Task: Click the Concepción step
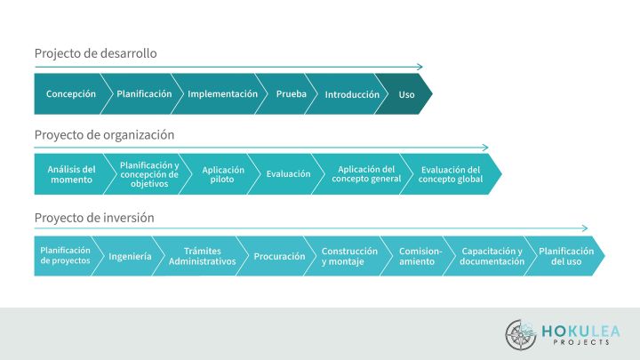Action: tap(70, 94)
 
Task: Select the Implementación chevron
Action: tap(222, 94)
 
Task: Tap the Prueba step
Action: tap(292, 94)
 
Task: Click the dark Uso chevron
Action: tap(406, 94)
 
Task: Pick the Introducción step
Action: tap(352, 94)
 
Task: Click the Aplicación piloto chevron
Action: tap(223, 174)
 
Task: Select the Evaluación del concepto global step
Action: tap(451, 174)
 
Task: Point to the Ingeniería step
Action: tap(130, 256)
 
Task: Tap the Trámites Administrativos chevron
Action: tap(202, 256)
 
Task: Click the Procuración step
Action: tap(279, 256)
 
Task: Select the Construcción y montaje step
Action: tap(349, 256)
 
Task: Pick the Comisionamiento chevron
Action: tap(420, 256)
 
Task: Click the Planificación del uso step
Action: tap(566, 256)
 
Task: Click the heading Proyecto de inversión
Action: tap(94, 218)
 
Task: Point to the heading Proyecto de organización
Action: tap(104, 135)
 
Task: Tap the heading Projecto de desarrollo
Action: tap(95, 53)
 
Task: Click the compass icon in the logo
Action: tap(521, 334)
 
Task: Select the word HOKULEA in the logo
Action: tap(581, 331)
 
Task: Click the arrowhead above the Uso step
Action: tap(420, 67)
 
